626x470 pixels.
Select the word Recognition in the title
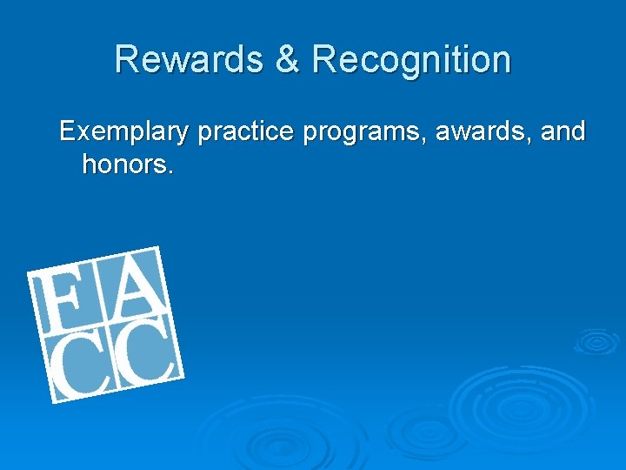pyautogui.click(x=411, y=60)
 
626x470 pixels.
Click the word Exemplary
pyautogui.click(x=123, y=132)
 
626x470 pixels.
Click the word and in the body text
pyautogui.click(x=563, y=132)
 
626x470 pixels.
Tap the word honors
pyautogui.click(x=126, y=164)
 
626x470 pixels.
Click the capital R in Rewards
pyautogui.click(x=127, y=60)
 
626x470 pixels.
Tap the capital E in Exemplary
pyautogui.click(x=67, y=132)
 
